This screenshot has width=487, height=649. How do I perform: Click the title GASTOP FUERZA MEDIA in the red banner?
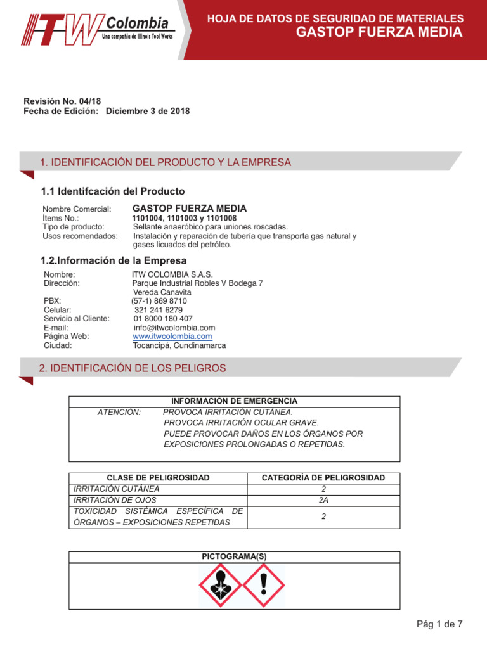coord(379,32)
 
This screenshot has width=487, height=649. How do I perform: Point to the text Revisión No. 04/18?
coord(62,101)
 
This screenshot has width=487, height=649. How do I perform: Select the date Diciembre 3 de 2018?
coord(148,111)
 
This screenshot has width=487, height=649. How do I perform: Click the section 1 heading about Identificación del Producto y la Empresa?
coord(166,163)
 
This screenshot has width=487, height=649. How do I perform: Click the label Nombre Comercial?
coord(77,209)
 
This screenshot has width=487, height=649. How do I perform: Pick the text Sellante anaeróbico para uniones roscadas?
coord(210,226)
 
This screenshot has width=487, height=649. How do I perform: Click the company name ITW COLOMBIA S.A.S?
coord(168,274)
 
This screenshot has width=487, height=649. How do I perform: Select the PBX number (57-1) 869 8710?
coord(159,301)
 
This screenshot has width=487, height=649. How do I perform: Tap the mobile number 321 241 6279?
coord(159,310)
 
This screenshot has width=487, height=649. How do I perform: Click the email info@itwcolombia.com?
coord(170,328)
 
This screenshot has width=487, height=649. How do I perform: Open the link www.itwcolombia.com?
coord(172,337)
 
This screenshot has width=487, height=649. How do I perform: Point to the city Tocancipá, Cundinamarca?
coord(179,345)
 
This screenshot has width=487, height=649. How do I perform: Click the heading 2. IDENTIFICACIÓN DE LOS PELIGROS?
coord(133,368)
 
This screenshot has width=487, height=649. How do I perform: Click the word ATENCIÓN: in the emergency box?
coord(119,412)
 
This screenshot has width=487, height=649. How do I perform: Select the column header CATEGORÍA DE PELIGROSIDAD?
coord(323,478)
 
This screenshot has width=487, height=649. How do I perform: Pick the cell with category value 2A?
coord(323,500)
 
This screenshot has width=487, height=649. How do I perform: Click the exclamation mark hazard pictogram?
coord(264,586)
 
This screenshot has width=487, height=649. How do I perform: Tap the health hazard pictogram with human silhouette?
coord(220,586)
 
